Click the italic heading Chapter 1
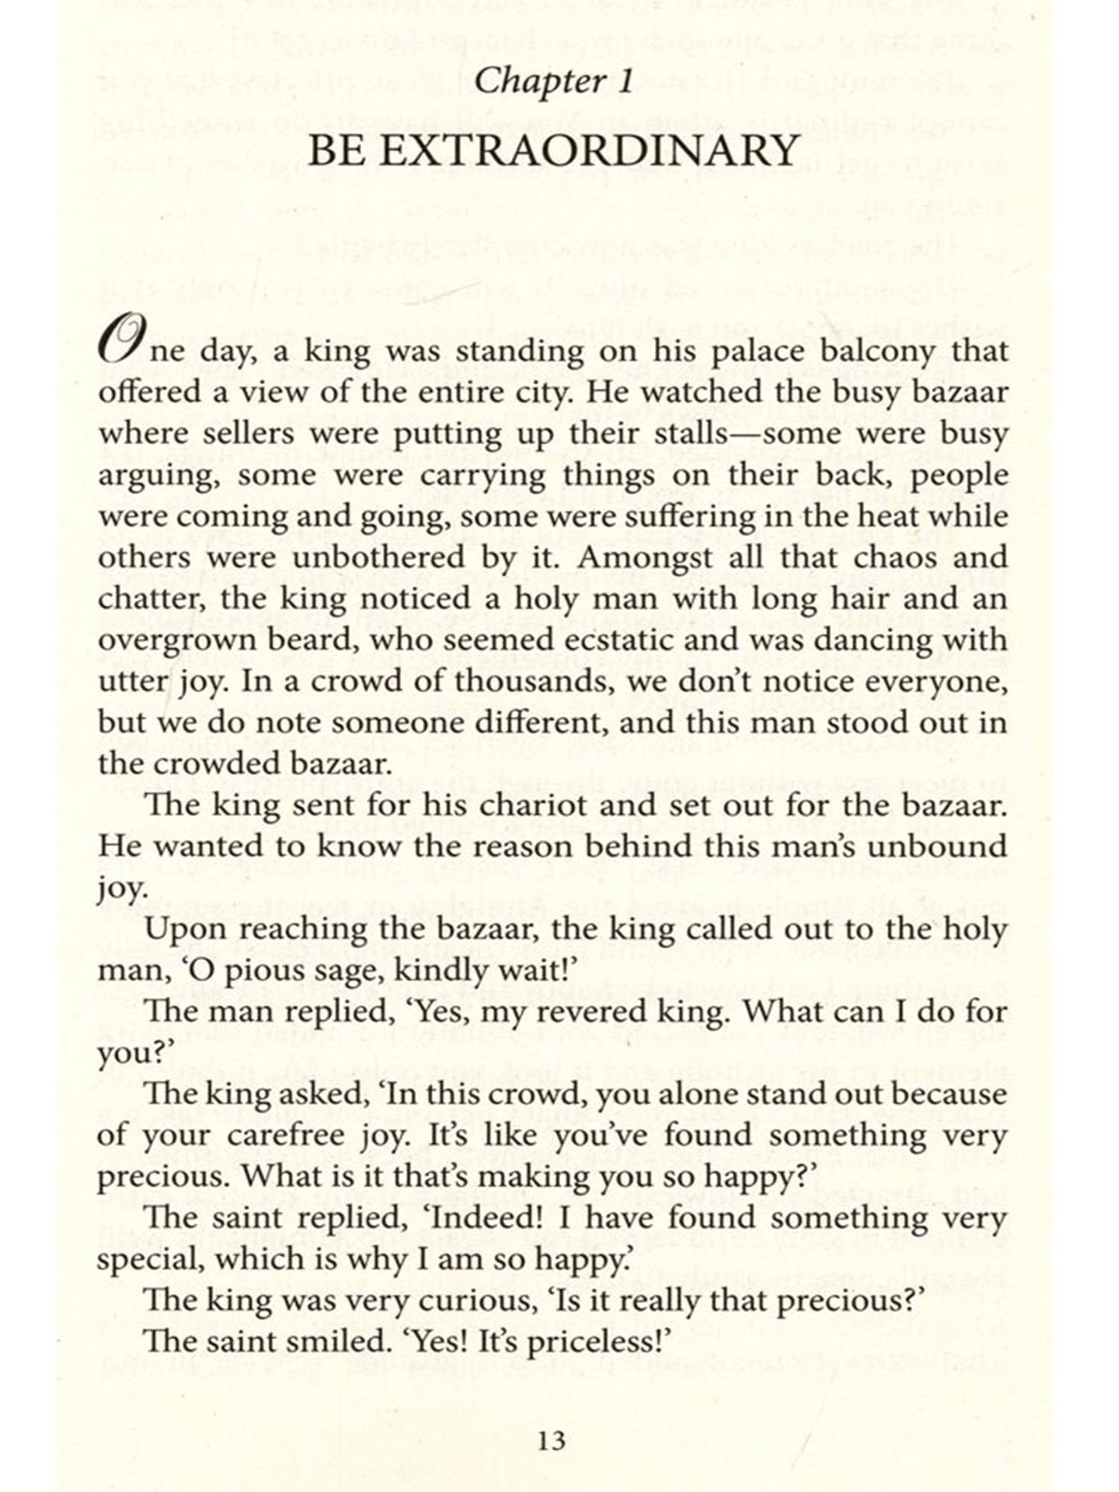point(553,81)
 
